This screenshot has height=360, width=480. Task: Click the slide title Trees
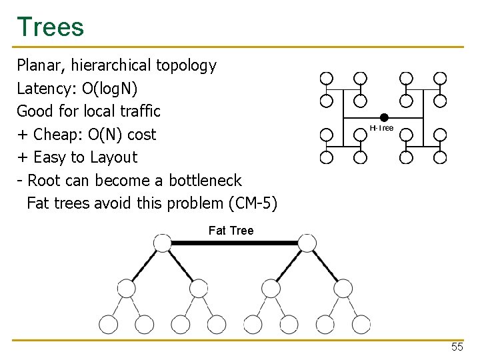pyautogui.click(x=51, y=27)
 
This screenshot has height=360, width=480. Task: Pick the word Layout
pyautogui.click(x=113, y=157)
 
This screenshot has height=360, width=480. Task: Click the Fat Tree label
pyautogui.click(x=231, y=231)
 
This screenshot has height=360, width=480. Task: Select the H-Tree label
pyautogui.click(x=382, y=128)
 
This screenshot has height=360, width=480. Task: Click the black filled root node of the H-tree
pyautogui.click(x=384, y=118)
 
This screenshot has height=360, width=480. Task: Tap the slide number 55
pyautogui.click(x=457, y=347)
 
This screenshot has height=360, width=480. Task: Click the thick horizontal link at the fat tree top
pyautogui.click(x=234, y=243)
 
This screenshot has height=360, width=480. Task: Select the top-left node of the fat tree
pyautogui.click(x=162, y=243)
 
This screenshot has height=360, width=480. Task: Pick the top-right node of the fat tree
pyautogui.click(x=307, y=243)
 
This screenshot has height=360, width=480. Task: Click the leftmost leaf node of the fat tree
pyautogui.click(x=108, y=325)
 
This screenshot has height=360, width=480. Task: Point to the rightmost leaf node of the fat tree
pyautogui.click(x=361, y=325)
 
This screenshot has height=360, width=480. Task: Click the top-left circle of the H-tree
pyautogui.click(x=326, y=78)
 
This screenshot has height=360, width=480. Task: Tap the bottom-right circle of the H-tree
pyautogui.click(x=440, y=158)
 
